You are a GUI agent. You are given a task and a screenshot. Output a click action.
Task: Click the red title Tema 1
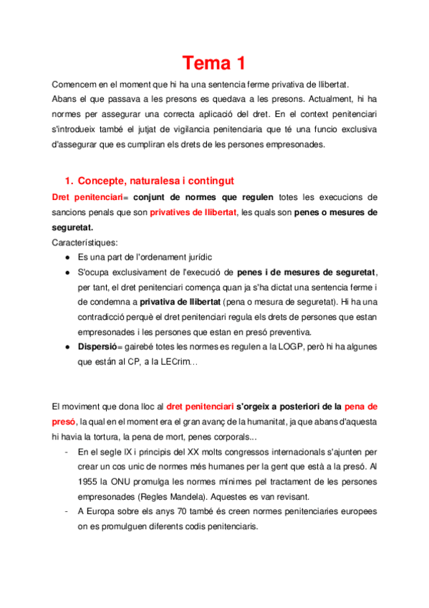pos(213,63)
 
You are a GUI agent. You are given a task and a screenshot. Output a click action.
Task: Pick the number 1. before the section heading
pos(69,181)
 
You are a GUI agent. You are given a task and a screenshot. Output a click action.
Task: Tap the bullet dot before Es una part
pos(67,257)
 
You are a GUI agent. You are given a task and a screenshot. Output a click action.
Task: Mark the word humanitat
pos(274,423)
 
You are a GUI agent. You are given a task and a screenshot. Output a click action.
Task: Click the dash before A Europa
pos(66,512)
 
